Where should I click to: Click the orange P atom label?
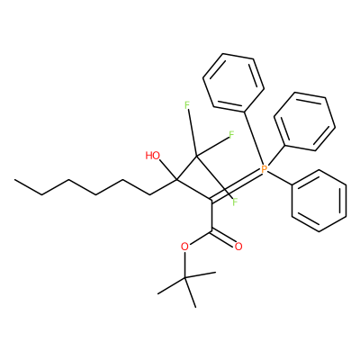(x=264, y=169)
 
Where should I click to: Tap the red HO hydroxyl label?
(x=153, y=156)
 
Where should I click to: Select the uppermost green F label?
(x=187, y=105)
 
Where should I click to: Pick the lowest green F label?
(x=235, y=202)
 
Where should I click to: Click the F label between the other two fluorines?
(x=231, y=135)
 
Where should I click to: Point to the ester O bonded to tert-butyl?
(x=185, y=247)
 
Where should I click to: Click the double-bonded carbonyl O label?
(x=238, y=247)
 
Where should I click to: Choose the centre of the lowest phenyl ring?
(x=319, y=201)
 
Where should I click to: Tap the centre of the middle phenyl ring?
(x=304, y=121)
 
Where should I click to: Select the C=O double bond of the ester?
(x=222, y=238)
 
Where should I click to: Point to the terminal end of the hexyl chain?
(x=14, y=180)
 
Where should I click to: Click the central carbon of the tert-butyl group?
(x=185, y=278)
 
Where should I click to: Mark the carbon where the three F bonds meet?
(x=196, y=156)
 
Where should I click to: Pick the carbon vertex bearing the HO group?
(x=176, y=180)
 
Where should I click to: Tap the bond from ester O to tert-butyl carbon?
(x=185, y=265)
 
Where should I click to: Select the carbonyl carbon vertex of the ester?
(x=211, y=231)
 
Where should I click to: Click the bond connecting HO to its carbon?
(x=168, y=170)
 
